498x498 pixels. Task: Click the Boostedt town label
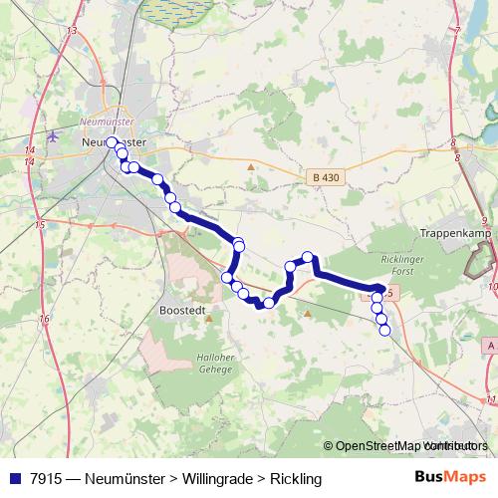tap(182, 310)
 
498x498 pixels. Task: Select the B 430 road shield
tap(326, 177)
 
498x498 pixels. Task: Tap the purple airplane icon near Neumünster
tap(52, 137)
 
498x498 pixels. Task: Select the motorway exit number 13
tap(72, 32)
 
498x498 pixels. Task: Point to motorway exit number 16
tap(44, 319)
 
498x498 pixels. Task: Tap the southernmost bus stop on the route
tap(384, 331)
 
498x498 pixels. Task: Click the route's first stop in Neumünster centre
tap(113, 142)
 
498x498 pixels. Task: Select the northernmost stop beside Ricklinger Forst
tap(309, 257)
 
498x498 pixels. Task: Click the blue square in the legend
tap(15, 479)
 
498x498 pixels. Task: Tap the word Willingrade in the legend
tap(213, 479)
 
